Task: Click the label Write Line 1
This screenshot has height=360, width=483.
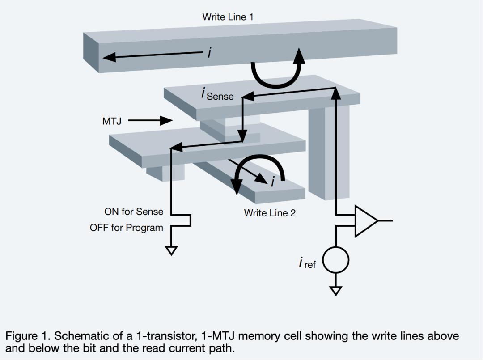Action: tap(228, 17)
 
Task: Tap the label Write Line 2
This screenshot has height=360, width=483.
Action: tap(270, 213)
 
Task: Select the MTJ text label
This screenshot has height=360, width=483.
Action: tap(112, 121)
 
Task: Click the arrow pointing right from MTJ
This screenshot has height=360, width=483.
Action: tap(150, 120)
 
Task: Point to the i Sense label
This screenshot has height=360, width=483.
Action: tap(218, 94)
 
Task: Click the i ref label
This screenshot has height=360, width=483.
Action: tap(307, 263)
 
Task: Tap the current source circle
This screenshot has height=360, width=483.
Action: tap(336, 259)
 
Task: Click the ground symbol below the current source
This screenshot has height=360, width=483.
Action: tap(336, 291)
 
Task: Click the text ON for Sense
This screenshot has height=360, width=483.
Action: tap(134, 211)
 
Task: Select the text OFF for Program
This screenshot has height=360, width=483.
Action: tap(127, 228)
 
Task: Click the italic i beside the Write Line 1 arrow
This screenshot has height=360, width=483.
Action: tap(209, 53)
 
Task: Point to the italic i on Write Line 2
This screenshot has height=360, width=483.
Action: tap(273, 181)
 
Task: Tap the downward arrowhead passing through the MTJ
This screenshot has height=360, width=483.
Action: tap(242, 136)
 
